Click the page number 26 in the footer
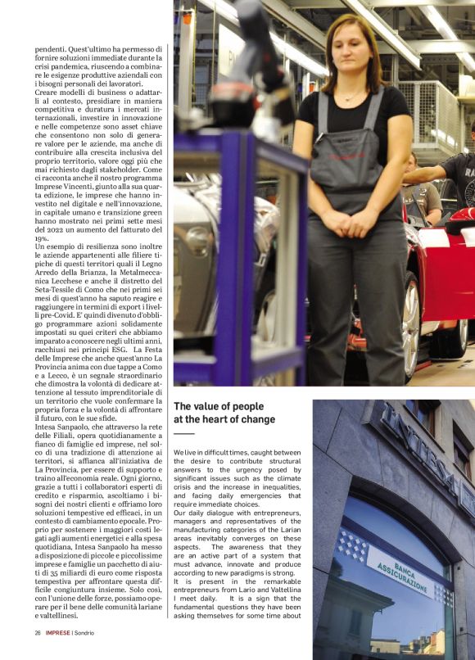(x=38, y=632)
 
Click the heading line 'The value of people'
(x=219, y=406)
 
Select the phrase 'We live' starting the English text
(x=186, y=452)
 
